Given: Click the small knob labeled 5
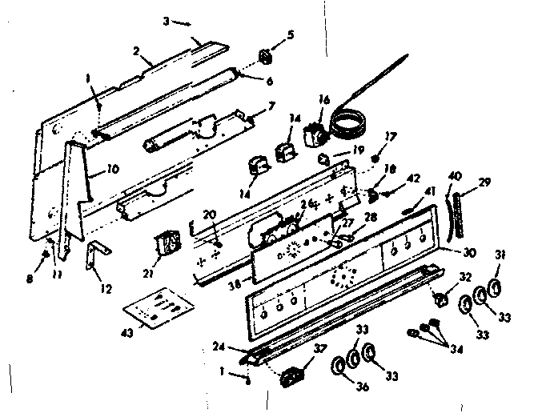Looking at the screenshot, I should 266,58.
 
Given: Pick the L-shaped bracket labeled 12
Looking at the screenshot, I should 94,254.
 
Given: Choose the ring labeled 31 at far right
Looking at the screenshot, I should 495,287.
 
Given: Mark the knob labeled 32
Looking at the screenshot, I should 439,299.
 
